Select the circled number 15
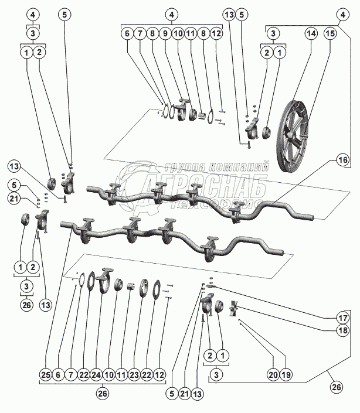click(x=330, y=35)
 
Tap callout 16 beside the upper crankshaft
click(x=342, y=159)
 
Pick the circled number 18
click(x=342, y=330)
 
